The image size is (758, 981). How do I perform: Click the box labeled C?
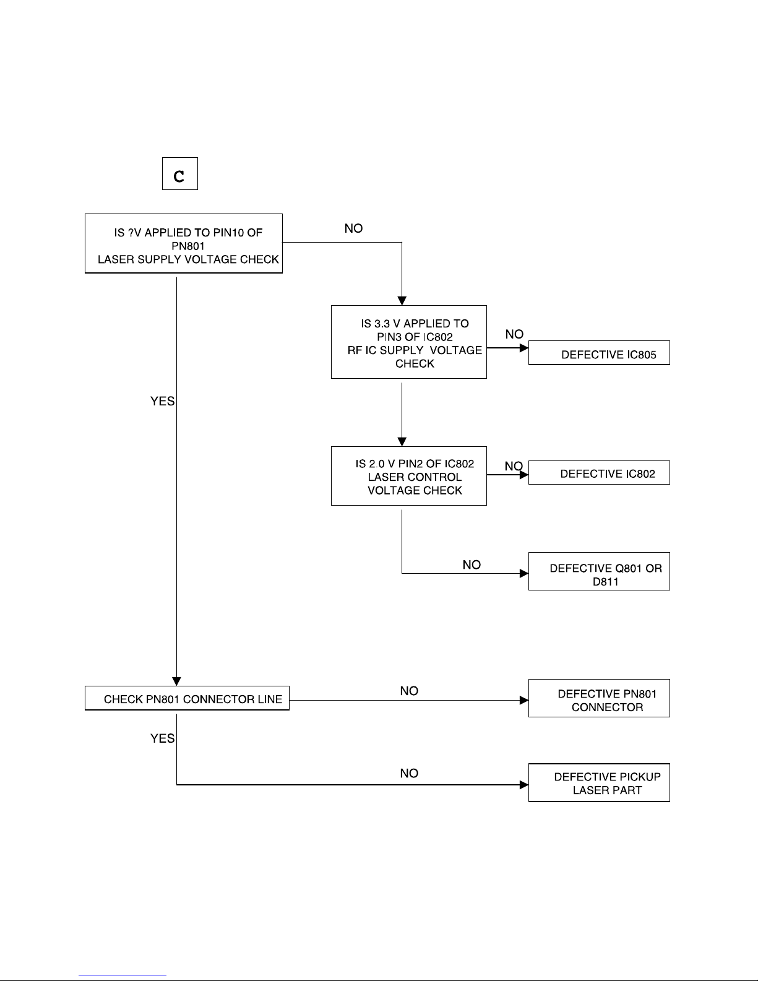tap(179, 174)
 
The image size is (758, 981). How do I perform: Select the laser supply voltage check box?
tap(184, 243)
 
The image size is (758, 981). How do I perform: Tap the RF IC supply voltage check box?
tap(409, 342)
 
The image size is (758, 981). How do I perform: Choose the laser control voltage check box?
tap(409, 476)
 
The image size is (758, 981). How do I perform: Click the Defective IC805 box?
tap(599, 353)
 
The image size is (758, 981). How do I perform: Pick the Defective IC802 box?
tap(599, 473)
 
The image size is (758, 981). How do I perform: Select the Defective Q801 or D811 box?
tap(599, 571)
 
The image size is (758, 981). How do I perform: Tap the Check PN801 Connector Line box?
tap(187, 698)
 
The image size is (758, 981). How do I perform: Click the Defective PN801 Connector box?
tap(599, 698)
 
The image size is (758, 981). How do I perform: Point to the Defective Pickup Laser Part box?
tap(599, 782)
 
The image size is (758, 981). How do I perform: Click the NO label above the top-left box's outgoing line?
tap(353, 228)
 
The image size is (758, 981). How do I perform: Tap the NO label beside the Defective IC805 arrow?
tap(514, 334)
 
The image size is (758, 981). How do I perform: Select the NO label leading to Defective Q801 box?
tap(472, 564)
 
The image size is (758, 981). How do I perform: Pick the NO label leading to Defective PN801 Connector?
tap(409, 691)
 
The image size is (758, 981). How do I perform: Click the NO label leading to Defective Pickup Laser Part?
tap(409, 773)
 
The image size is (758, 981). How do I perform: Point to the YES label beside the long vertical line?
tap(162, 401)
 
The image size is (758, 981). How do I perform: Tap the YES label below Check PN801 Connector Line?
tap(162, 738)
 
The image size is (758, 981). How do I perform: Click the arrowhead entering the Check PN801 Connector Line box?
tap(176, 681)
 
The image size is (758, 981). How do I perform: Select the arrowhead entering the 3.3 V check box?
tap(402, 301)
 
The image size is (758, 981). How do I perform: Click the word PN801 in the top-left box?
tap(187, 246)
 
